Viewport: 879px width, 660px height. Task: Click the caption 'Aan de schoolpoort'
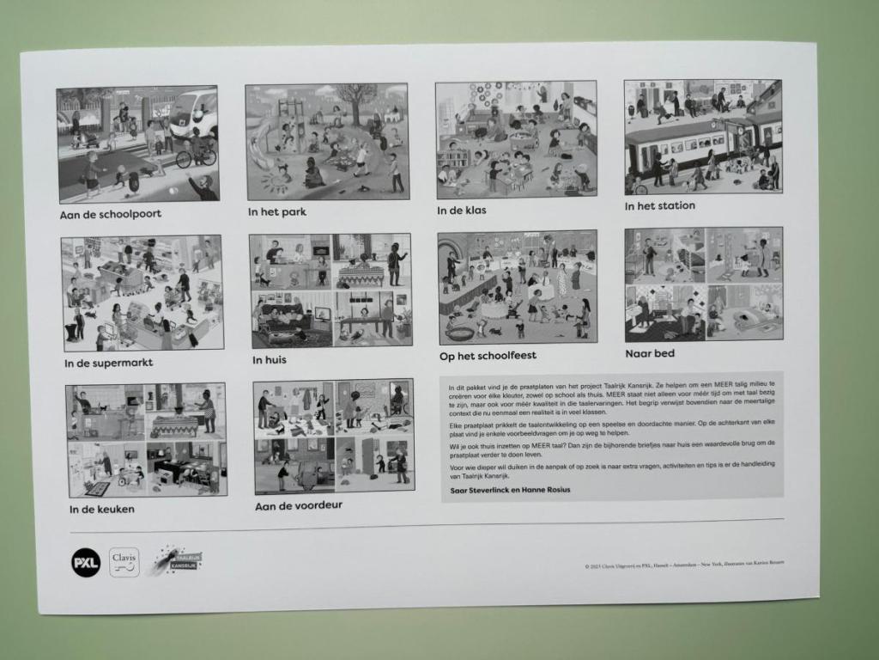point(110,215)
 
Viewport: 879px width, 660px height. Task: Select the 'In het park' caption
point(276,211)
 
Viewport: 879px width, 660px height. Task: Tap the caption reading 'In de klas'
point(462,210)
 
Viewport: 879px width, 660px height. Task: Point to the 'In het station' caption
point(659,206)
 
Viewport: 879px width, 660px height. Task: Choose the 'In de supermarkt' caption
point(108,363)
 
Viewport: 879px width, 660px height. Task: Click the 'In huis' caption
point(270,359)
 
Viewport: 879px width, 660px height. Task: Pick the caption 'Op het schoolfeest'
point(488,356)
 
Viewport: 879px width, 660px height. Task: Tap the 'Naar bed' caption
point(650,353)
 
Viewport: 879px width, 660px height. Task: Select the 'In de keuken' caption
point(102,509)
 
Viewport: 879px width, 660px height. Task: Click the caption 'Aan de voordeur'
point(298,506)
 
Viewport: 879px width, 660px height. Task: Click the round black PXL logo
point(86,562)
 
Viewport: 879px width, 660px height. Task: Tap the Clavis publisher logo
point(124,562)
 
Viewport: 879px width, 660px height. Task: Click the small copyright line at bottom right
point(683,565)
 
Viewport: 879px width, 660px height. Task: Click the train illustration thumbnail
point(702,137)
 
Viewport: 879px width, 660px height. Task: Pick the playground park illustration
point(326,142)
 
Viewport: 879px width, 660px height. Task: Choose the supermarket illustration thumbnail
point(142,293)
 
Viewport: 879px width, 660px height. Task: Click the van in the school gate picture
point(194,112)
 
